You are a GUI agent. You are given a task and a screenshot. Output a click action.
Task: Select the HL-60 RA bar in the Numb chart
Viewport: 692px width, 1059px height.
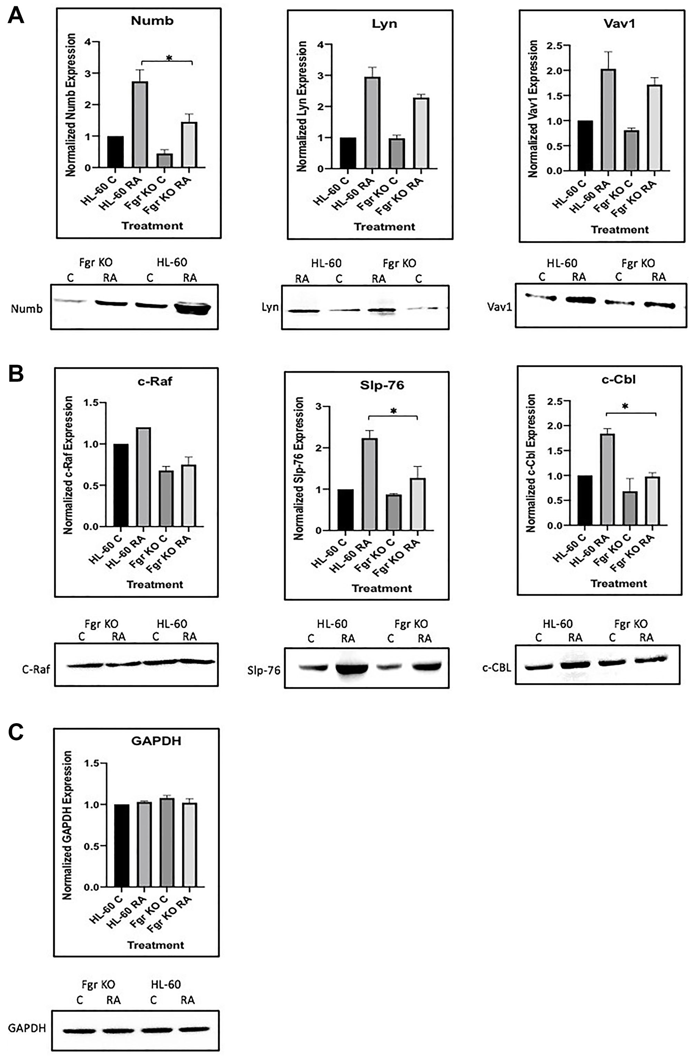[140, 125]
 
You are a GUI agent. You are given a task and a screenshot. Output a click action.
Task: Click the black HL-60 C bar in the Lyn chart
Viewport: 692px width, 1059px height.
[348, 153]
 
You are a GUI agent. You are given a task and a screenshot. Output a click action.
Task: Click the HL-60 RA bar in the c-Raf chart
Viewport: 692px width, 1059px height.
[143, 477]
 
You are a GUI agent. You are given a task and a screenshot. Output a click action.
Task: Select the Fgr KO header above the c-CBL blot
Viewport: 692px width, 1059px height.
[631, 624]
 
